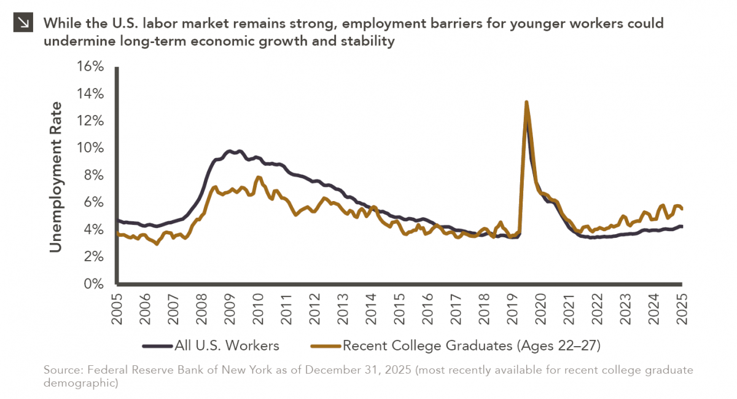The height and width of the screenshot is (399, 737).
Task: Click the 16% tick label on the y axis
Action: (89, 66)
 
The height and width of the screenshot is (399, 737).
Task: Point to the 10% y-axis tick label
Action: (89, 148)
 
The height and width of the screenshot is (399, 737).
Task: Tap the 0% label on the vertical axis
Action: (93, 284)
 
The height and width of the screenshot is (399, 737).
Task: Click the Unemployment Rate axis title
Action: (56, 176)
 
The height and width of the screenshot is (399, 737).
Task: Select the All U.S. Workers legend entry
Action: (211, 346)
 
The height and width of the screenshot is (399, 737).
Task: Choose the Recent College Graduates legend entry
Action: (455, 346)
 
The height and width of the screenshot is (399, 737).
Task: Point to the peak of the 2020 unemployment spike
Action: (526, 102)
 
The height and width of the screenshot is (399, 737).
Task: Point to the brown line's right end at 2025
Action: (682, 209)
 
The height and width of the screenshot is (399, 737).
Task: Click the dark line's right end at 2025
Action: (682, 226)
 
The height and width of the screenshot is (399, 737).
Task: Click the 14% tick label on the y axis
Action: (89, 94)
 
